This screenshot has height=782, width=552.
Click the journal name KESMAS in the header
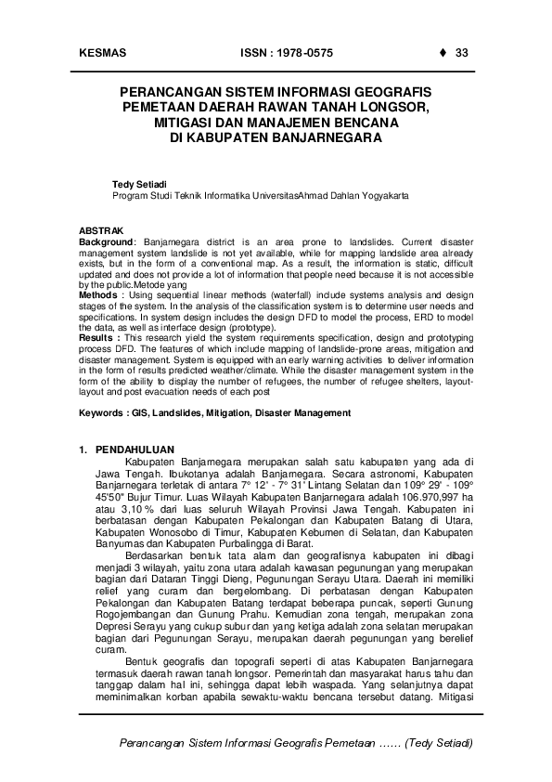click(x=103, y=52)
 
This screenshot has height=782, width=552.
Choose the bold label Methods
click(x=98, y=293)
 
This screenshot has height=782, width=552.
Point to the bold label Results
click(x=97, y=338)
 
